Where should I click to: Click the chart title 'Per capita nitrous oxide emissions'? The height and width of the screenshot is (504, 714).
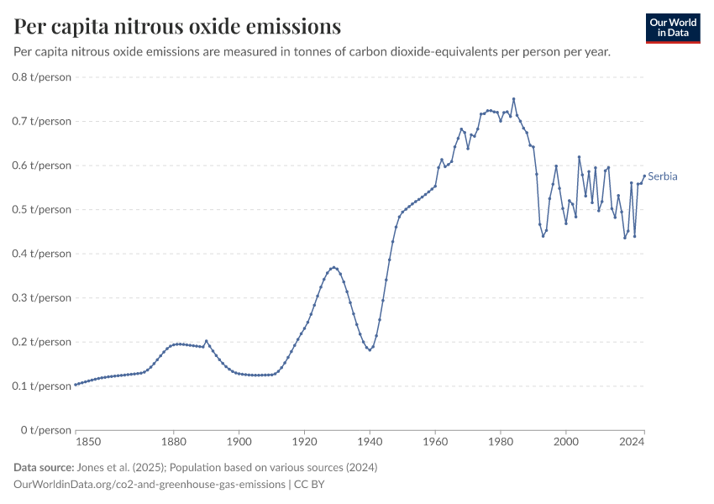pos(177,26)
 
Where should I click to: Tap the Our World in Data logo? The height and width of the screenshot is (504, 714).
pos(672,28)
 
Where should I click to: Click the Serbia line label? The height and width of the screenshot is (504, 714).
pos(662,176)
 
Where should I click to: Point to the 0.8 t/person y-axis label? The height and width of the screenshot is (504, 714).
pos(43,77)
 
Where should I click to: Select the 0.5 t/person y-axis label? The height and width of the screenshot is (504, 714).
pos(43,209)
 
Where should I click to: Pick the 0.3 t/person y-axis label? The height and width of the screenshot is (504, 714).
pos(43,297)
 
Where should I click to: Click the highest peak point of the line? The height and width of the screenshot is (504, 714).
pos(514,99)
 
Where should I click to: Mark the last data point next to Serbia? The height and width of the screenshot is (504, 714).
pos(644,176)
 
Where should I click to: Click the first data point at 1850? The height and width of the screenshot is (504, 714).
pos(76,385)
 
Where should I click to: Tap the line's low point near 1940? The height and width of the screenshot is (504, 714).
pos(370,349)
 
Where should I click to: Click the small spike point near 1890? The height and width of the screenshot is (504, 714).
pos(207,341)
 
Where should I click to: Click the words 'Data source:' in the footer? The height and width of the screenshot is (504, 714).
pos(43,467)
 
